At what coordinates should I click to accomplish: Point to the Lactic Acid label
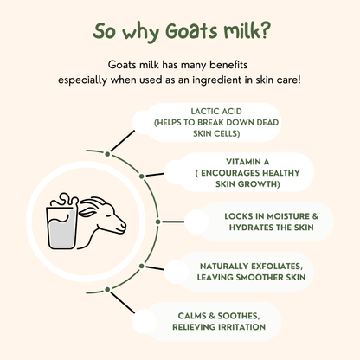196,112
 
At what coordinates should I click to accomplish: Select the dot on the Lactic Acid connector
107,154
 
